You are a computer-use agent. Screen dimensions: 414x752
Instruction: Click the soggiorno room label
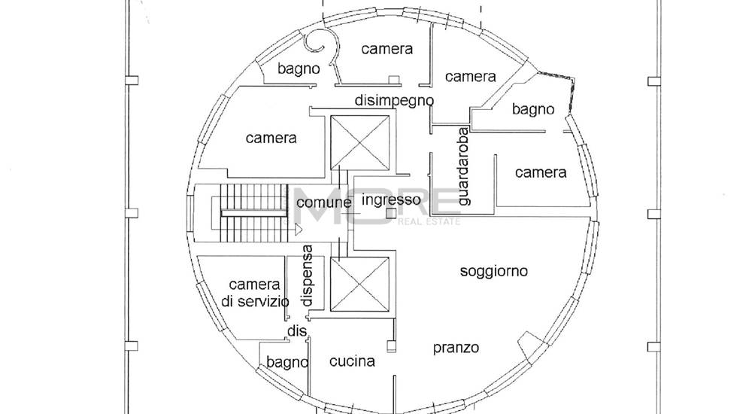pyautogui.click(x=494, y=271)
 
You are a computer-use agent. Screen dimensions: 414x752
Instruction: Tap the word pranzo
pyautogui.click(x=456, y=348)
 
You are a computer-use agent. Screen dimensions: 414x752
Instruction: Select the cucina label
pyautogui.click(x=352, y=361)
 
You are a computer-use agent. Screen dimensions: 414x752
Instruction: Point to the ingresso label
pyautogui.click(x=390, y=200)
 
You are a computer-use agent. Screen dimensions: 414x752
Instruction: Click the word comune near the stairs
pyautogui.click(x=323, y=202)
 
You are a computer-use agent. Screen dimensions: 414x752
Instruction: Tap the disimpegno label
pyautogui.click(x=394, y=100)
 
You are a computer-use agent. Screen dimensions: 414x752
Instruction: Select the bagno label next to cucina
pyautogui.click(x=287, y=363)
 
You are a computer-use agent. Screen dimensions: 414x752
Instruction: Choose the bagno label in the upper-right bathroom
pyautogui.click(x=533, y=109)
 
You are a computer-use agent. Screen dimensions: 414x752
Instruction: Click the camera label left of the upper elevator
pyautogui.click(x=271, y=139)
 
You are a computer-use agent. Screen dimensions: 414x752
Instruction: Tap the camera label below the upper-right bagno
pyautogui.click(x=541, y=172)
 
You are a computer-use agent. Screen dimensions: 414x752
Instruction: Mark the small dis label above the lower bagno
pyautogui.click(x=297, y=331)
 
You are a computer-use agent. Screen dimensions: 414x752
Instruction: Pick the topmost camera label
pyautogui.click(x=387, y=49)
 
